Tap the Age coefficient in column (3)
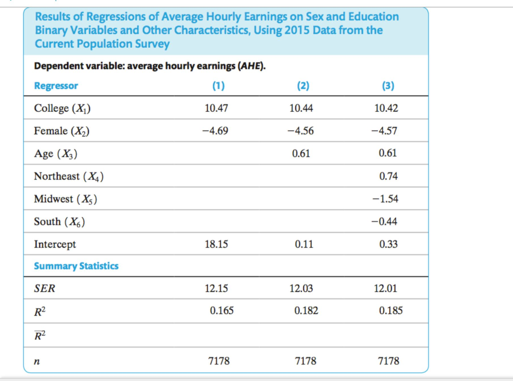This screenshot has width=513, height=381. pyautogui.click(x=388, y=153)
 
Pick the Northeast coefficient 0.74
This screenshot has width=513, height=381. pyautogui.click(x=388, y=176)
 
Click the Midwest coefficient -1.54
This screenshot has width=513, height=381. pyautogui.click(x=387, y=199)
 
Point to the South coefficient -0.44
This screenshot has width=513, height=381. pyautogui.click(x=387, y=222)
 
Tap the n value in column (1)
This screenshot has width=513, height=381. pyautogui.click(x=219, y=360)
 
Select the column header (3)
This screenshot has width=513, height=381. pyautogui.click(x=388, y=86)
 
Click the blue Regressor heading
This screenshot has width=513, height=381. pyautogui.click(x=56, y=86)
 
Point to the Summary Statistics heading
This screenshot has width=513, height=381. pyautogui.click(x=76, y=266)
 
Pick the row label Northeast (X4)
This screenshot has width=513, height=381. pyautogui.click(x=69, y=176)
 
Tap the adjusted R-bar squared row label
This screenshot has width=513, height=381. pyautogui.click(x=40, y=334)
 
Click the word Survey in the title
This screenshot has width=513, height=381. pyautogui.click(x=152, y=44)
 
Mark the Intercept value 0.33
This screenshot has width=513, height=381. pyautogui.click(x=388, y=245)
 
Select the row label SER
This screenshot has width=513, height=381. pyautogui.click(x=43, y=289)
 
